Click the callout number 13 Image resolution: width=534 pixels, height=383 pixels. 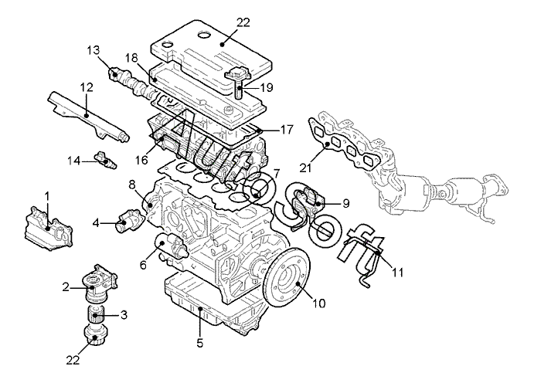(x=93, y=50)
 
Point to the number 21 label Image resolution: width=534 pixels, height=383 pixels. (x=306, y=168)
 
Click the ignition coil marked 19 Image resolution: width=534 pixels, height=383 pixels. (x=239, y=82)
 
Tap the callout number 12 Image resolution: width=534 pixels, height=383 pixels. (x=87, y=87)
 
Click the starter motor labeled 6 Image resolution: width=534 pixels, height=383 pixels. (x=172, y=248)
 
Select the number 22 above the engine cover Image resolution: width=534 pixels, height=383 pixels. (x=243, y=23)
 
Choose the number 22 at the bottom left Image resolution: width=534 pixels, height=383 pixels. (x=73, y=360)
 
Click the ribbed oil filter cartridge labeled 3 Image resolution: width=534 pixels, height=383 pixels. (x=95, y=314)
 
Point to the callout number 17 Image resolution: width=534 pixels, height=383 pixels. (x=287, y=130)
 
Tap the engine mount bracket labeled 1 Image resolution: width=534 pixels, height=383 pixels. (x=49, y=228)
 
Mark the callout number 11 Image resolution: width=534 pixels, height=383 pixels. (x=397, y=272)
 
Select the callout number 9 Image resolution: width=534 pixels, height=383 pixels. (x=345, y=203)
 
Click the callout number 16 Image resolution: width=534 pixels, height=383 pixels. (x=141, y=160)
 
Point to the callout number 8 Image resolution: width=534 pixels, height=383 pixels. (x=132, y=185)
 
